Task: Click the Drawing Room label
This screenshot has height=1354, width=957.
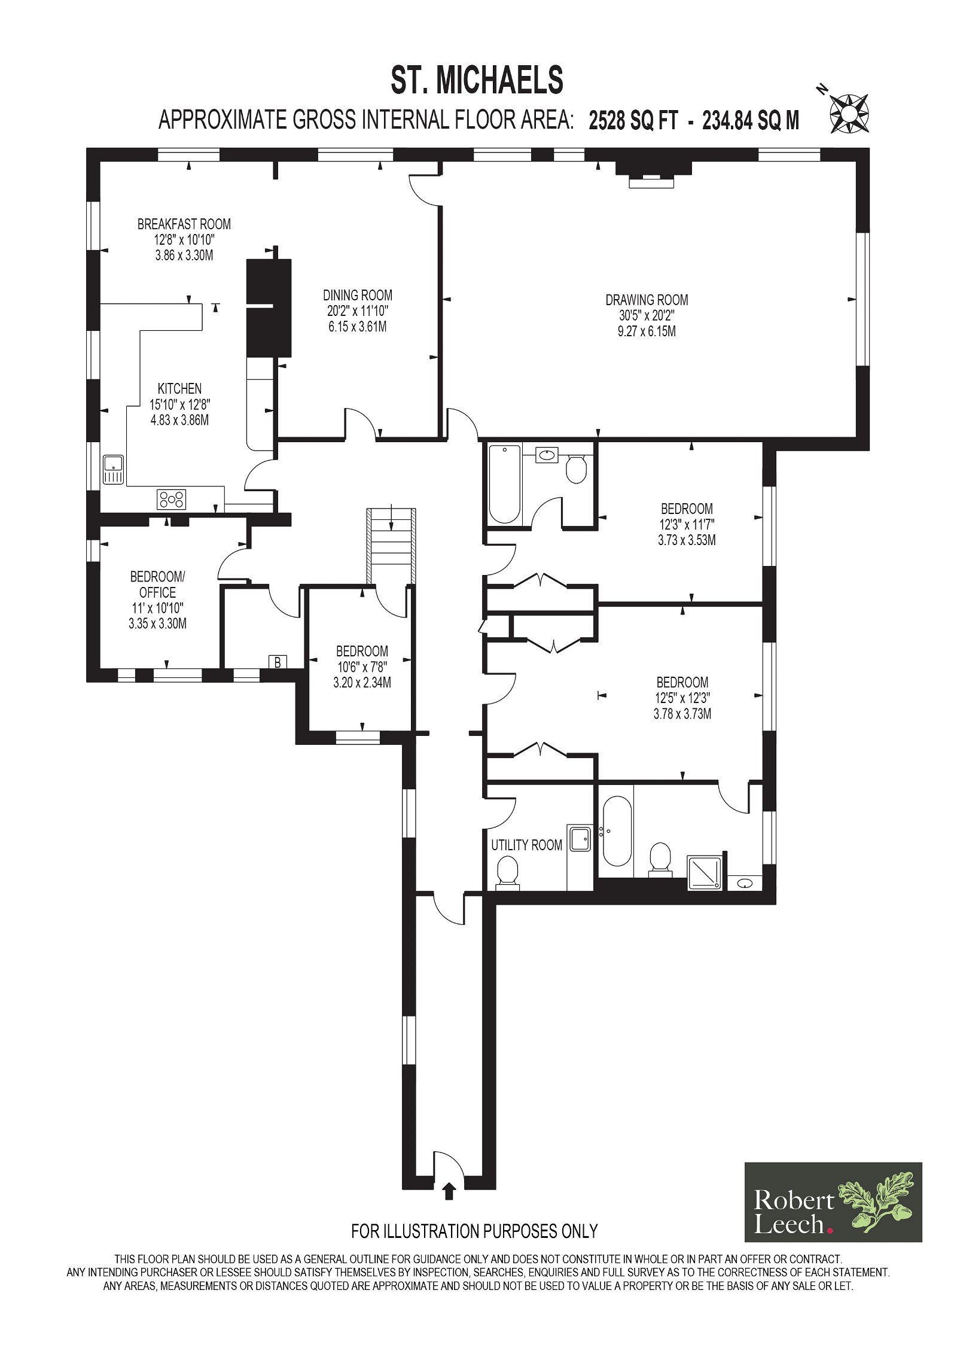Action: (x=647, y=300)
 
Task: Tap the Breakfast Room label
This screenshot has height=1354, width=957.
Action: (x=184, y=224)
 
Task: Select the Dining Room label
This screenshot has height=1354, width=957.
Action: (x=358, y=295)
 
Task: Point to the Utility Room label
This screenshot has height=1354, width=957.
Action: (x=526, y=845)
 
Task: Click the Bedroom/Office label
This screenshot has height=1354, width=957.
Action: (x=158, y=585)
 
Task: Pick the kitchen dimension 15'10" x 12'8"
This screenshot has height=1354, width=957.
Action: (x=179, y=404)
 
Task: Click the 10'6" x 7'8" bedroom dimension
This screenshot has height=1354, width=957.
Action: (x=362, y=667)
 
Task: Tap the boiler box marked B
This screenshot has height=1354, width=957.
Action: (x=278, y=662)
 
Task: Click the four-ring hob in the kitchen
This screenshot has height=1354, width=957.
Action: (x=172, y=499)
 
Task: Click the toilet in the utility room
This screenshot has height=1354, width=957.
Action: (x=507, y=872)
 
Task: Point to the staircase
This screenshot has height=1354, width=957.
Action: (x=391, y=546)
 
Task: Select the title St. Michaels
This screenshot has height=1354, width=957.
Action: (x=477, y=80)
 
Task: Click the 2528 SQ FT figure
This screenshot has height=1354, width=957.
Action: (x=633, y=120)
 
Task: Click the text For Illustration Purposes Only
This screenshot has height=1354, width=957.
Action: (x=474, y=1231)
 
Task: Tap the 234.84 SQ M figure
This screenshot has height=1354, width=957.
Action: (x=751, y=120)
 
